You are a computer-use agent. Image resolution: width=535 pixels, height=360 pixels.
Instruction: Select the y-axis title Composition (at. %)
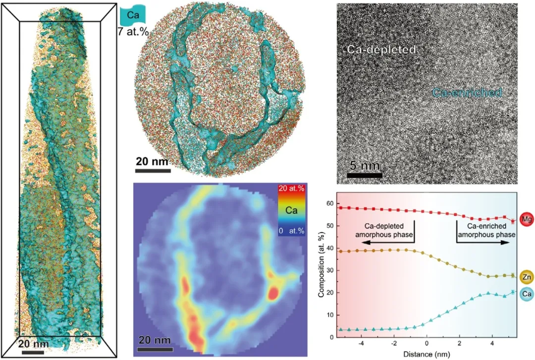[321, 270]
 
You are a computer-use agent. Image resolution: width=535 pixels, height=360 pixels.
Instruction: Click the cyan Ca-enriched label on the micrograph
[467, 92]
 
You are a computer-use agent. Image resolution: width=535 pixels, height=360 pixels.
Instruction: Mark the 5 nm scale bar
[364, 175]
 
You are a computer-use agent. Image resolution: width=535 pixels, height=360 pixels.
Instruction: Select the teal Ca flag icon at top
[133, 15]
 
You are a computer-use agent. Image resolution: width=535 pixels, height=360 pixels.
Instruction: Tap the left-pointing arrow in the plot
[386, 242]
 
